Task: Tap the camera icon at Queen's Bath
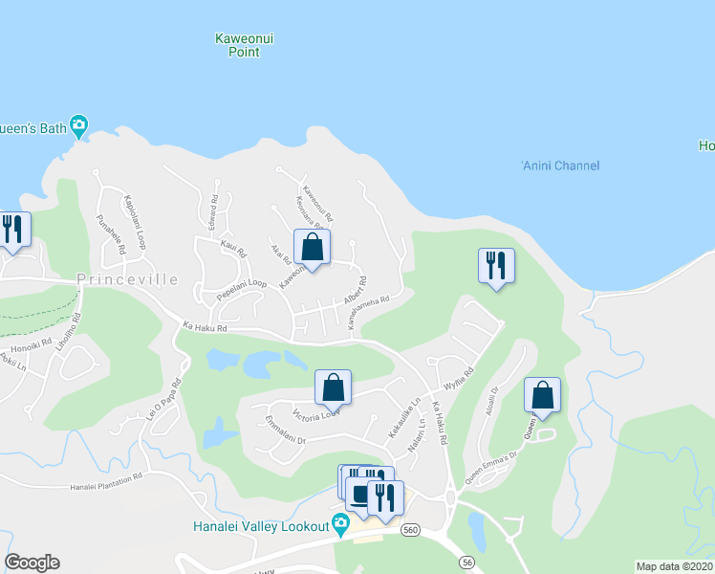point(78,124)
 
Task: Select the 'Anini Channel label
point(560,166)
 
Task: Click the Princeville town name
point(127,279)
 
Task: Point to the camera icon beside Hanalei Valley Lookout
point(339,522)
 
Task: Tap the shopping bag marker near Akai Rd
point(312,247)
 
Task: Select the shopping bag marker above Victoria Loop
point(333,387)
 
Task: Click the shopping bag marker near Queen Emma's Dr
point(542,394)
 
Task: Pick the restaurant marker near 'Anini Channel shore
point(496,265)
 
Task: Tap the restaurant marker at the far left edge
point(12,230)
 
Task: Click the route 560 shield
point(410,530)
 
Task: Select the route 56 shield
point(466,562)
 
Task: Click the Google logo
point(32,563)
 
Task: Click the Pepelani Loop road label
point(241,290)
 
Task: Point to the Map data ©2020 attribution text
point(675,566)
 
